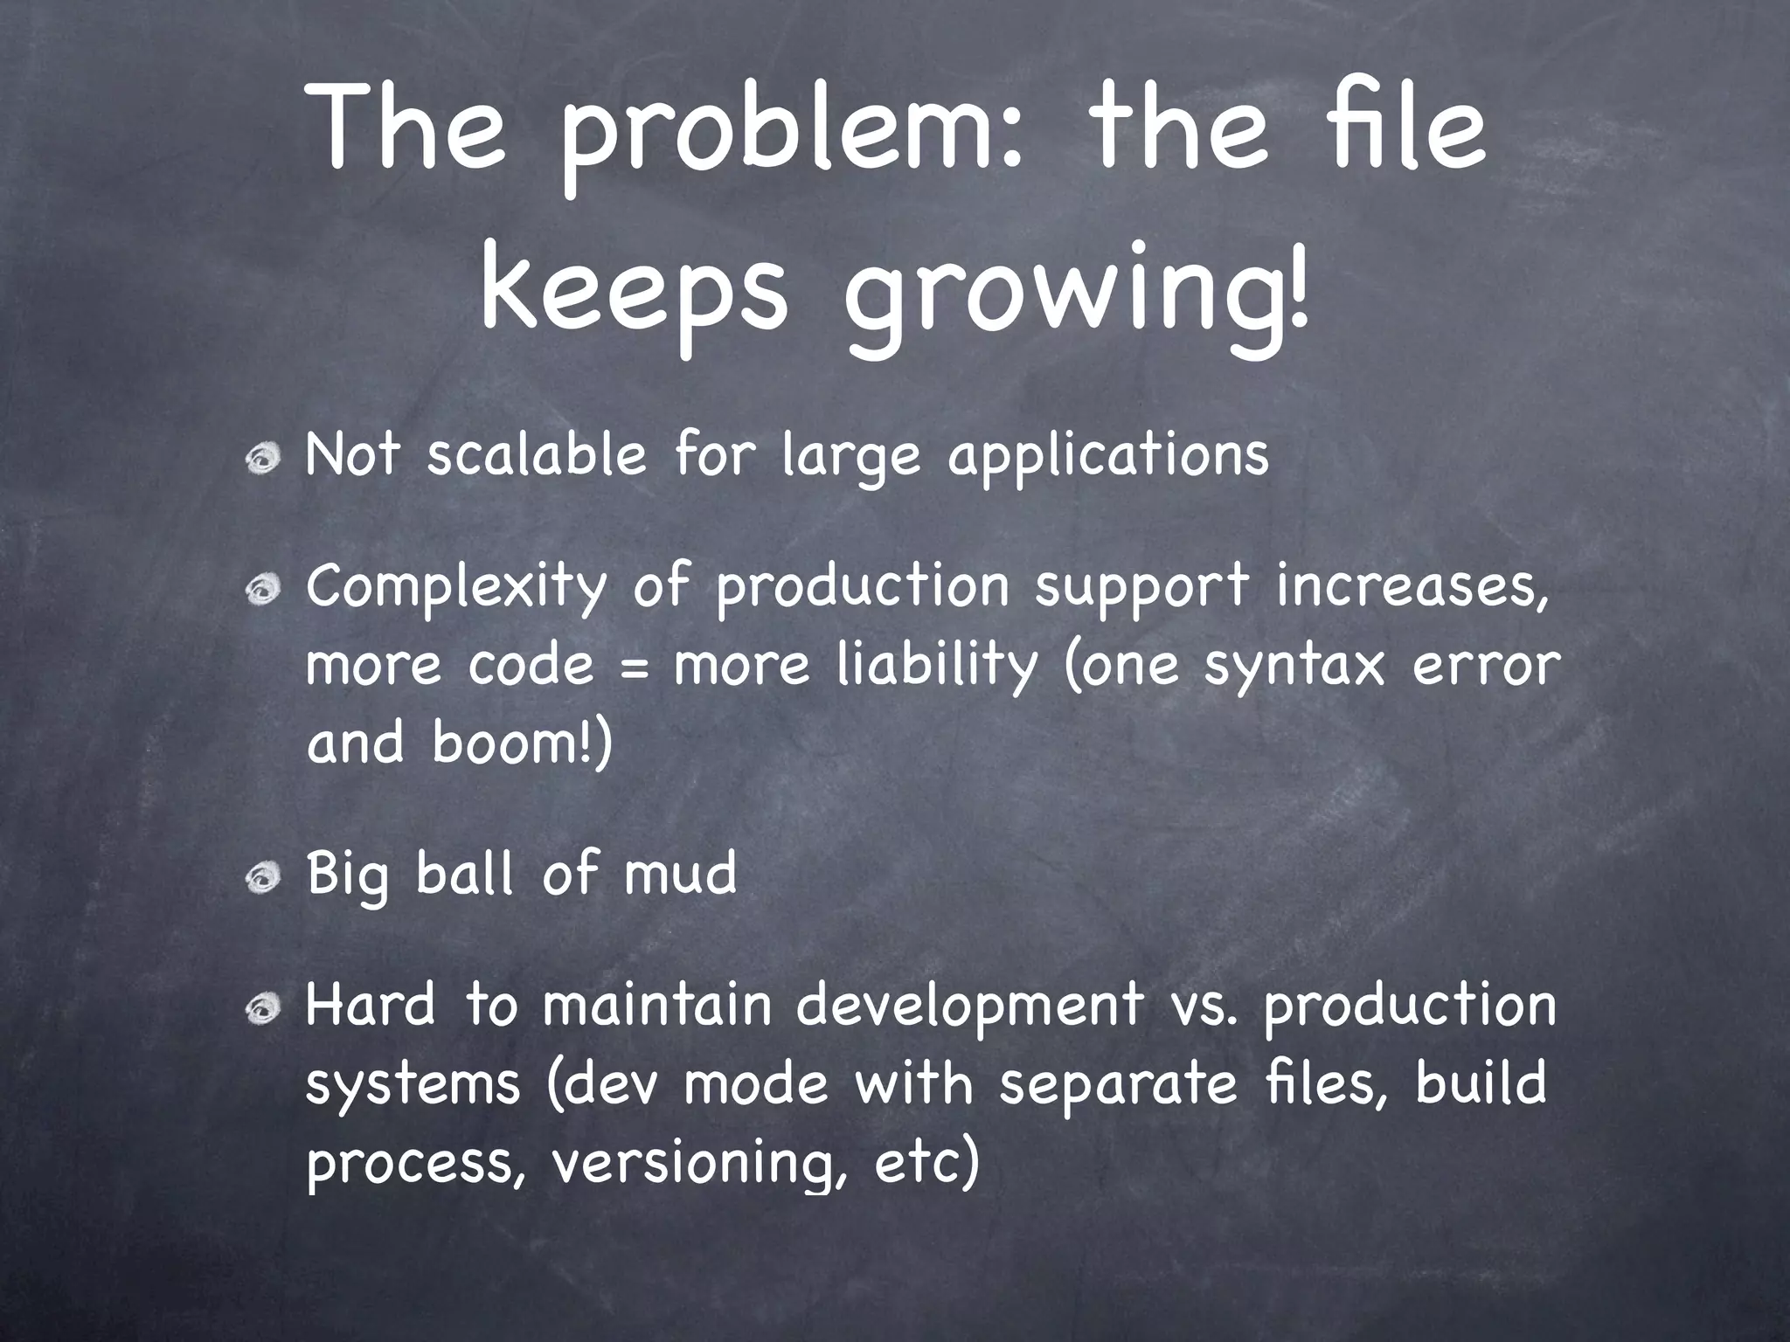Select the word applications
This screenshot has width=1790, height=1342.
pos(1107,457)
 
